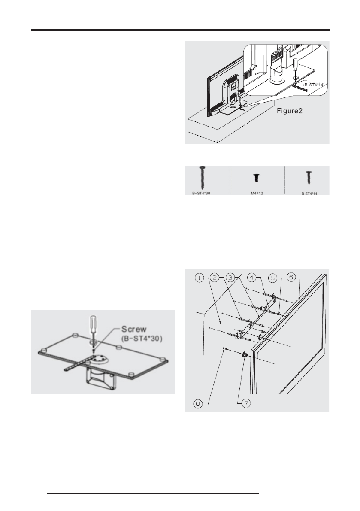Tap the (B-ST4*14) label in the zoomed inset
point(315,85)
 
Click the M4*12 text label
point(257,193)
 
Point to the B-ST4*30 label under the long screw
point(202,193)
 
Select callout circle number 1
point(200,278)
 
